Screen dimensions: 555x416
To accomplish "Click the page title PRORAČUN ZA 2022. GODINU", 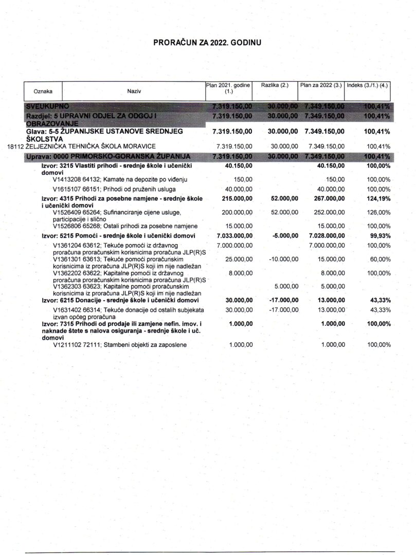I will click(x=207, y=43).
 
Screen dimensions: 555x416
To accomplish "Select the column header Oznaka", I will click(x=43, y=91).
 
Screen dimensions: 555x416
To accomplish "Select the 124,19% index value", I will click(x=377, y=198).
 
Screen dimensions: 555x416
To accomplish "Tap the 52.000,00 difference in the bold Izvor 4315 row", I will click(x=283, y=198).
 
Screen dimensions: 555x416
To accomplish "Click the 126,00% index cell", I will click(x=378, y=212).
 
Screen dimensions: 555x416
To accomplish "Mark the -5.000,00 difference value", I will click(x=284, y=235).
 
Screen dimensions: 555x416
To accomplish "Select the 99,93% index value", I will click(x=379, y=235).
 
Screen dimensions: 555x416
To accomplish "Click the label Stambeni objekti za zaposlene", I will click(x=137, y=345).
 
